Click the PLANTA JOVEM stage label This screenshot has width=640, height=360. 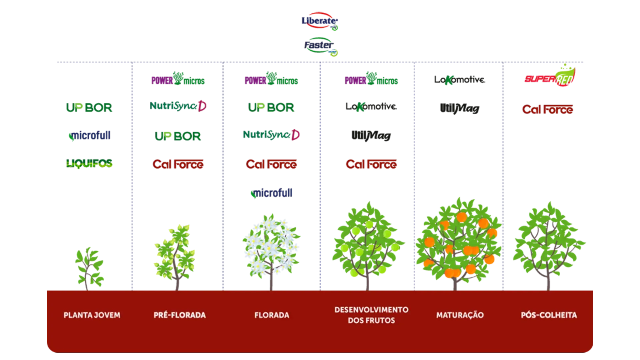pos(92,315)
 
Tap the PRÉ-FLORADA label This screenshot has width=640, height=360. pos(180,315)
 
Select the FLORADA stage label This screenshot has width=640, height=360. pos(272,315)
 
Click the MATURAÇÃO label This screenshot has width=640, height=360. pos(460,315)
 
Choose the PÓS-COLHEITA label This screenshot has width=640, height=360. pos(549,315)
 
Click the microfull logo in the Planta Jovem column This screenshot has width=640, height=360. pos(89,136)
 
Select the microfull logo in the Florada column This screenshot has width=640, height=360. pos(271,194)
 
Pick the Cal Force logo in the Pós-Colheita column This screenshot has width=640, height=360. pos(547,109)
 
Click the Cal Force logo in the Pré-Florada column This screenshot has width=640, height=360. pos(178,164)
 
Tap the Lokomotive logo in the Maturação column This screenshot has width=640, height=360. pos(459,80)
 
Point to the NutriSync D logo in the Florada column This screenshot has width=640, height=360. pos(272,134)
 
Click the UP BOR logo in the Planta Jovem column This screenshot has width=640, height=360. pos(89,107)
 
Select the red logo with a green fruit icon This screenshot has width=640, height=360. pos(549,77)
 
